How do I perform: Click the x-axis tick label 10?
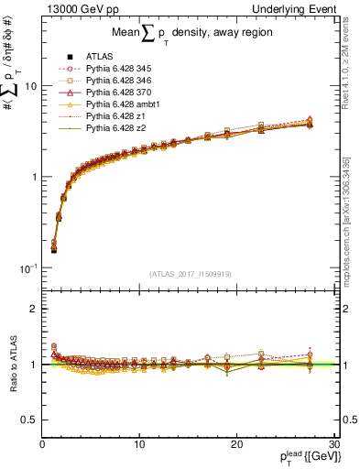point(139,443)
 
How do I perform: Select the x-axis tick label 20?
point(236,443)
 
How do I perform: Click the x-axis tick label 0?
point(42,443)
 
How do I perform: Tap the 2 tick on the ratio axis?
point(34,309)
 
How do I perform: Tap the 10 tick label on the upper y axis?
point(29,85)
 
